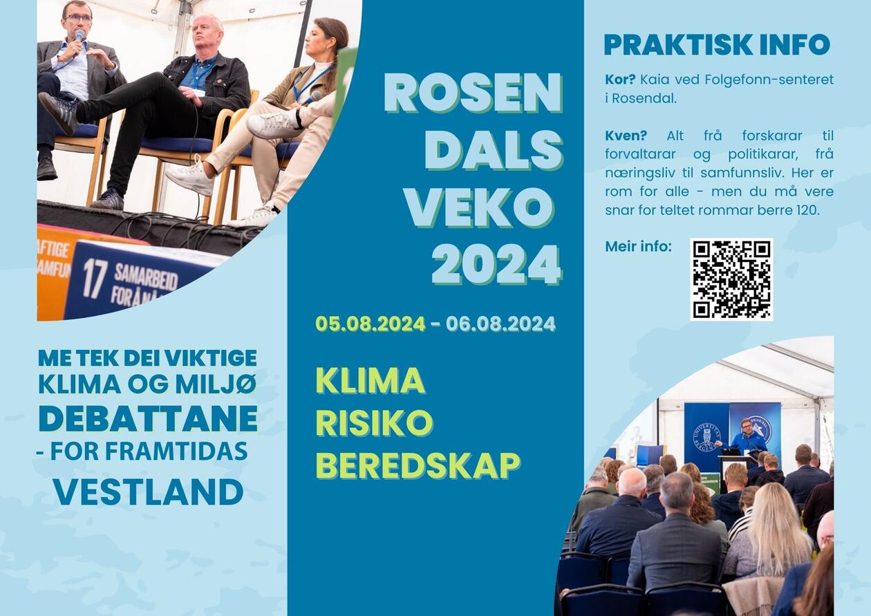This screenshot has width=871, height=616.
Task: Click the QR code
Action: pos(731,279)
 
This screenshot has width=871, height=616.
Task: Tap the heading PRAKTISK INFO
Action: pos(718,45)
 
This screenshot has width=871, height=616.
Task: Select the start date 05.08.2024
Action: pos(371,324)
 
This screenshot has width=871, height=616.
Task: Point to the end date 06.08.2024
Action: pos(500,324)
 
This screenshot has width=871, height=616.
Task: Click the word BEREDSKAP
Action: pos(418,465)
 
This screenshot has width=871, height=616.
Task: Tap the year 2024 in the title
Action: pos(497,264)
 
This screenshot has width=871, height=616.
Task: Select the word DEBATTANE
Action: pos(148,418)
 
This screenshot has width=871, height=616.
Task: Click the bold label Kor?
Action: pos(620,80)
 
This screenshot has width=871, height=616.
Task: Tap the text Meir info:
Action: pos(639,246)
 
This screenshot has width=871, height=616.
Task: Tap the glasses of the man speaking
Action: pos(77,18)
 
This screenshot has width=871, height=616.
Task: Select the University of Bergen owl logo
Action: pos(706,437)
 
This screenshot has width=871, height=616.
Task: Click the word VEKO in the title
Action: pos(480,207)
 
